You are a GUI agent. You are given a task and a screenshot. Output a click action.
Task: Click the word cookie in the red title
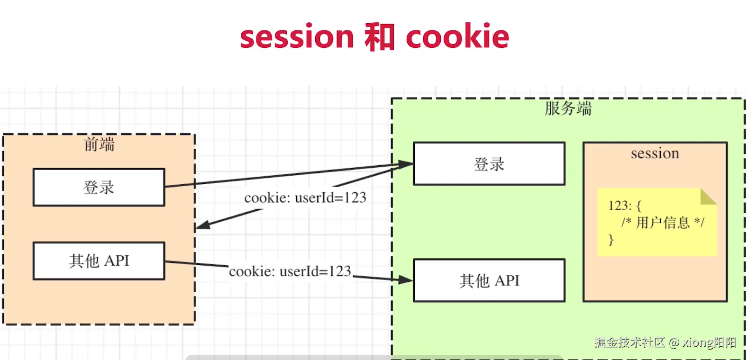coord(457,36)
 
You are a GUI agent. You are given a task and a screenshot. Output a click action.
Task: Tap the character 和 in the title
coord(380,36)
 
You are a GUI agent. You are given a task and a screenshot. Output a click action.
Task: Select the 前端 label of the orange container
coord(99,144)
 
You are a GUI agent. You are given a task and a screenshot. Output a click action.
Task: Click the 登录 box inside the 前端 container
coord(99,187)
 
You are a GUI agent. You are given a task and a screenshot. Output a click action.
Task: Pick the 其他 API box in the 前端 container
coord(99,261)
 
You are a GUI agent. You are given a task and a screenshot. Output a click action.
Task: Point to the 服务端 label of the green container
coord(568,108)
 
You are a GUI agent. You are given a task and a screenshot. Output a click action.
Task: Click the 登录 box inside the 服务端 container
coord(489,164)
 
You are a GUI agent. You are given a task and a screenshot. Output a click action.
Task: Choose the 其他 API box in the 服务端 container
coord(489,280)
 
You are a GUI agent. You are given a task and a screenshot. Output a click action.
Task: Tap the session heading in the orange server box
coord(655,153)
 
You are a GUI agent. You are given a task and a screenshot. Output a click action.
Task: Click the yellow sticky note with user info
coord(657,222)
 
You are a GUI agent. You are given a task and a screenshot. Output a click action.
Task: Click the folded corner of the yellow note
coord(708,197)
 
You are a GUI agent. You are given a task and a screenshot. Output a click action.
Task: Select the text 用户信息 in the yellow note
coord(663,223)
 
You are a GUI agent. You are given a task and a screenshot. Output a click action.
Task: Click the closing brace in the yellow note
coord(611,240)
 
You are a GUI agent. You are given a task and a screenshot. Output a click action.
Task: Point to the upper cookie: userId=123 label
coord(305,198)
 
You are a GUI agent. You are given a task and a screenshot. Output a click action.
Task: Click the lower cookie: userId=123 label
coord(290,271)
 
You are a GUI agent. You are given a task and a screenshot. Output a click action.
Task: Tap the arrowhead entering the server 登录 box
coord(406,164)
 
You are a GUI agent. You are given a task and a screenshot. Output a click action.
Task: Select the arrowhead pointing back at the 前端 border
coord(203,225)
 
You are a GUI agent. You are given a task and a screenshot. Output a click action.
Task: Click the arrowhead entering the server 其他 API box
coord(406,279)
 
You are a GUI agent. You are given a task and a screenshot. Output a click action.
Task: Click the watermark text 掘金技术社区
coord(629,342)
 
